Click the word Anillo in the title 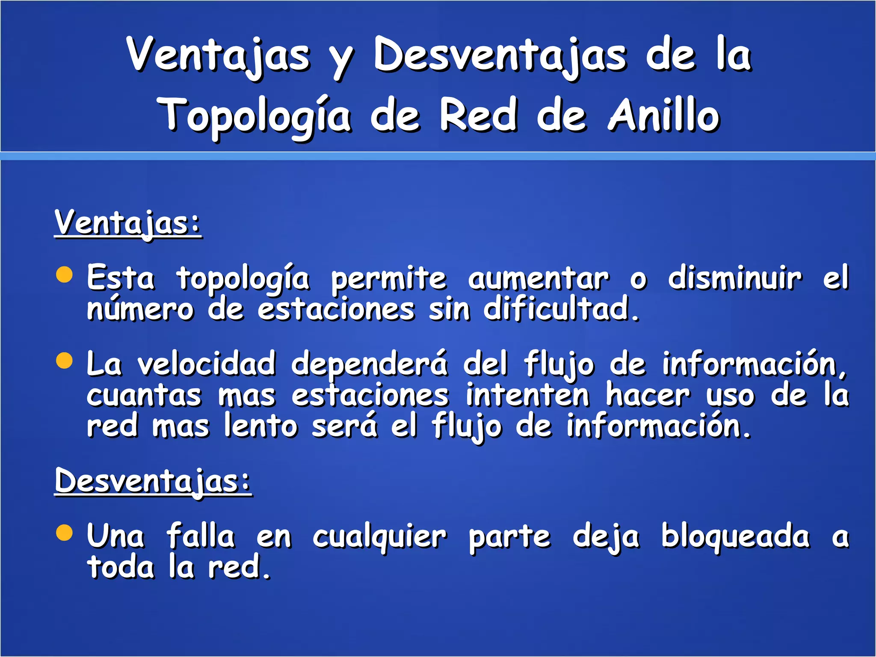[663, 114]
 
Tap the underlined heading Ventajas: [127, 223]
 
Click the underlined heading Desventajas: [153, 482]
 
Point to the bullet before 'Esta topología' [65, 275]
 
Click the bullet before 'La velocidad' [65, 361]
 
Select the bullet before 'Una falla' [65, 533]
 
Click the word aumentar [538, 279]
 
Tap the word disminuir [734, 278]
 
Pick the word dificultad [561, 309]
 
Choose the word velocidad [207, 364]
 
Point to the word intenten [528, 396]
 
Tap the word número [140, 309]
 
